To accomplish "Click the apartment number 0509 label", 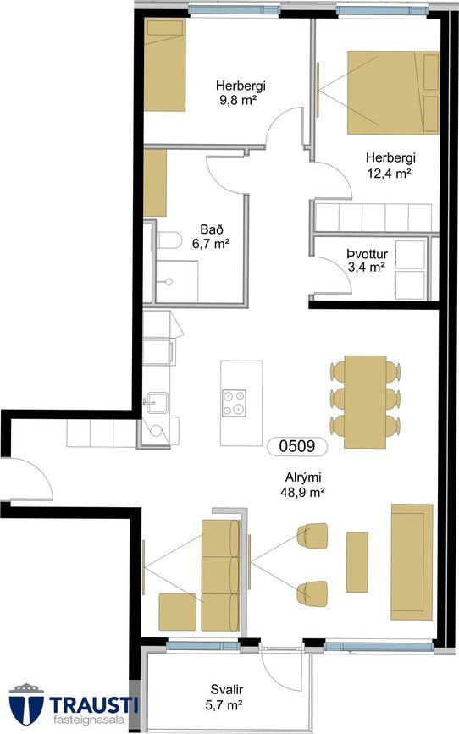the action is (297, 445).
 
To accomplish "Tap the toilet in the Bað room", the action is (169, 240).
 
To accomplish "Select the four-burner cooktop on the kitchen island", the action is (235, 404).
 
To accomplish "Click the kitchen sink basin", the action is (157, 402).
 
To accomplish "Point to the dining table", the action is (365, 402).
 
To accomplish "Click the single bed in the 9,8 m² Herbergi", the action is (165, 64).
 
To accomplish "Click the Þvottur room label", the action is (368, 254).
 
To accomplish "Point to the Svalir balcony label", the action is (227, 689).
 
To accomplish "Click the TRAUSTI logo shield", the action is (26, 704).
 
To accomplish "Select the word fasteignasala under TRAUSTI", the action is (89, 720).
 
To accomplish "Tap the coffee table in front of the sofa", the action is (357, 562).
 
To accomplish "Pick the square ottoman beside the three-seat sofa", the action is (178, 611).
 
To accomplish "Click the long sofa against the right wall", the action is (412, 562).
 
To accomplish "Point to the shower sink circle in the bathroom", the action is (169, 282).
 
